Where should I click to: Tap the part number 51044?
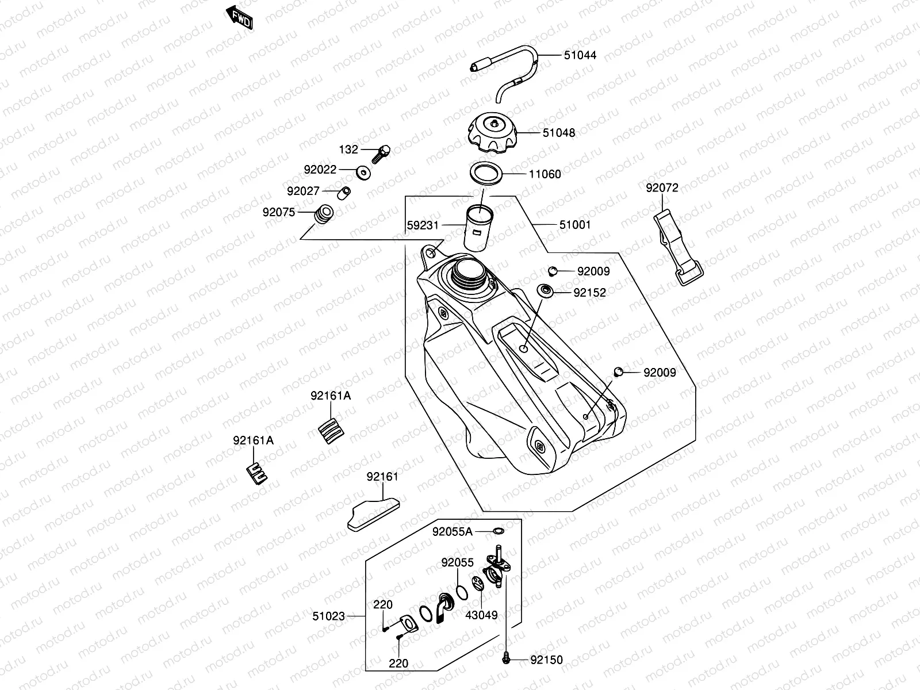(580, 55)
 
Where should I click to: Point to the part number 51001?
(574, 225)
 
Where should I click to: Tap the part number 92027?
(303, 191)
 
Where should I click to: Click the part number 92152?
(589, 293)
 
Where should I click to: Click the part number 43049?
(481, 615)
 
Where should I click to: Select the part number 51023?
(329, 616)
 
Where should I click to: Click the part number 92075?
(279, 212)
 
